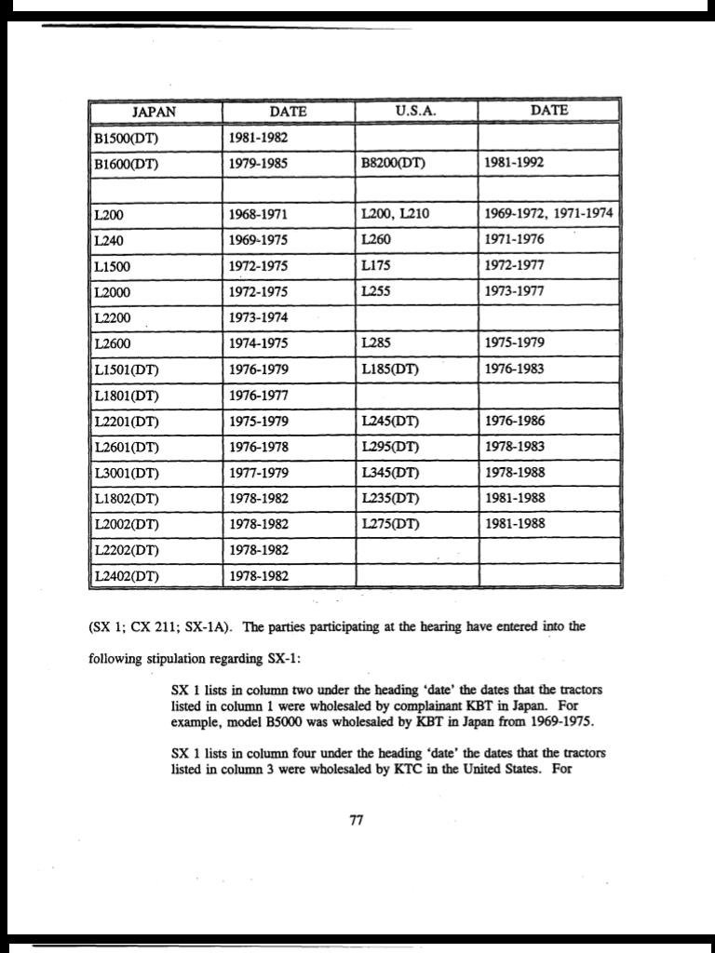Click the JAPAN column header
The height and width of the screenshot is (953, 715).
155,112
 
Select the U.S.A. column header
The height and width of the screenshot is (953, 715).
416,112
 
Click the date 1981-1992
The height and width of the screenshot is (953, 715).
515,163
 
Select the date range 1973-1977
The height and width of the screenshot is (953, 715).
515,291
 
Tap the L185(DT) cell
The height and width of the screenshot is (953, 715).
389,369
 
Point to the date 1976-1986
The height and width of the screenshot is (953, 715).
515,421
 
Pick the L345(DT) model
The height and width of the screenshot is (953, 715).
389,472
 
